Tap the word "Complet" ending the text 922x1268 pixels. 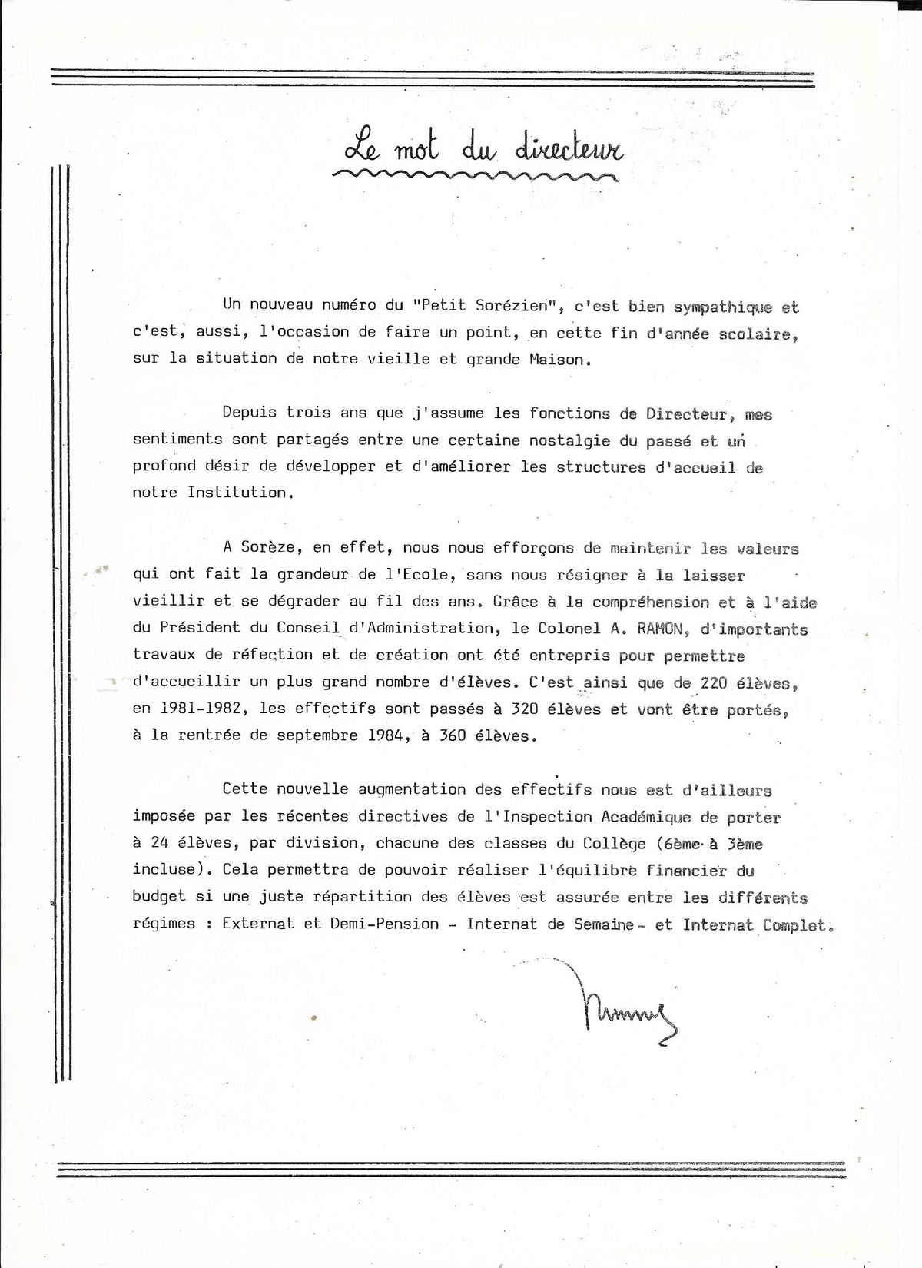[x=796, y=925]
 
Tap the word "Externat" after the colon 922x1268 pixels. [x=258, y=924]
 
